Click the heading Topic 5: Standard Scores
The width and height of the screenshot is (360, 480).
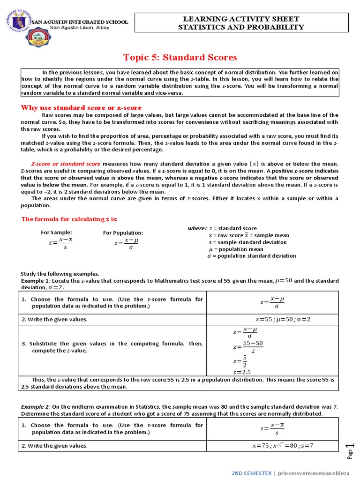click(180, 58)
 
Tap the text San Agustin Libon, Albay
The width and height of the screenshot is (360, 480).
click(80, 28)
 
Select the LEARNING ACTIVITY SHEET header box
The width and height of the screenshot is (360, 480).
click(241, 23)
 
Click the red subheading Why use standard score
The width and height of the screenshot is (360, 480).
click(76, 108)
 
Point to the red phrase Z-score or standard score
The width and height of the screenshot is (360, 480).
click(66, 164)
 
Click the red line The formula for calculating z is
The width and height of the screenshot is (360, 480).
click(69, 219)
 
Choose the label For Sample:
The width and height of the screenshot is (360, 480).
click(57, 232)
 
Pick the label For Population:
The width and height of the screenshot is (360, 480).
click(123, 233)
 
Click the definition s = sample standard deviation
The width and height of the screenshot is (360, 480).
click(247, 242)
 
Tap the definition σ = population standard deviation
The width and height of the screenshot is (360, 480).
click(252, 256)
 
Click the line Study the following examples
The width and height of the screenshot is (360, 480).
click(60, 274)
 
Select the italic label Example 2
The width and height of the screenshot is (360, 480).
click(36, 407)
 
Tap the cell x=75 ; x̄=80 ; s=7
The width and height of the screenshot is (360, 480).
click(282, 446)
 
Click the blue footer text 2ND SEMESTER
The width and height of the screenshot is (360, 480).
click(251, 473)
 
